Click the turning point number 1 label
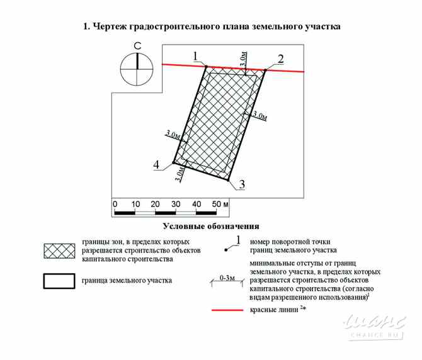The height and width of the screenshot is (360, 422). coord(197,56)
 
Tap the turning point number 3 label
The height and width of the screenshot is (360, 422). coord(241,184)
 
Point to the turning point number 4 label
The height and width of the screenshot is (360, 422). coord(156,165)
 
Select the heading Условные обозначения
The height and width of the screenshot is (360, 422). coord(211,226)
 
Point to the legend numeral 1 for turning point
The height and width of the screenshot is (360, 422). coord(238,239)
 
